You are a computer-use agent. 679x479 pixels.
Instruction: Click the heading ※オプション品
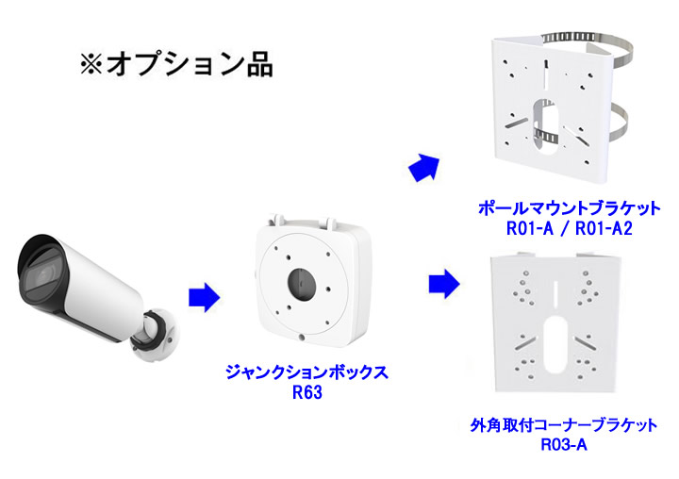(176, 64)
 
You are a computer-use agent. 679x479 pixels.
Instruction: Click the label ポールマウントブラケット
(570, 207)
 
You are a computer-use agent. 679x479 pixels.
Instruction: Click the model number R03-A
(564, 444)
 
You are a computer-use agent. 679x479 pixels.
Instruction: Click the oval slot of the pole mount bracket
(547, 123)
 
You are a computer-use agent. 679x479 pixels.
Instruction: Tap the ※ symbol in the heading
(91, 65)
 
